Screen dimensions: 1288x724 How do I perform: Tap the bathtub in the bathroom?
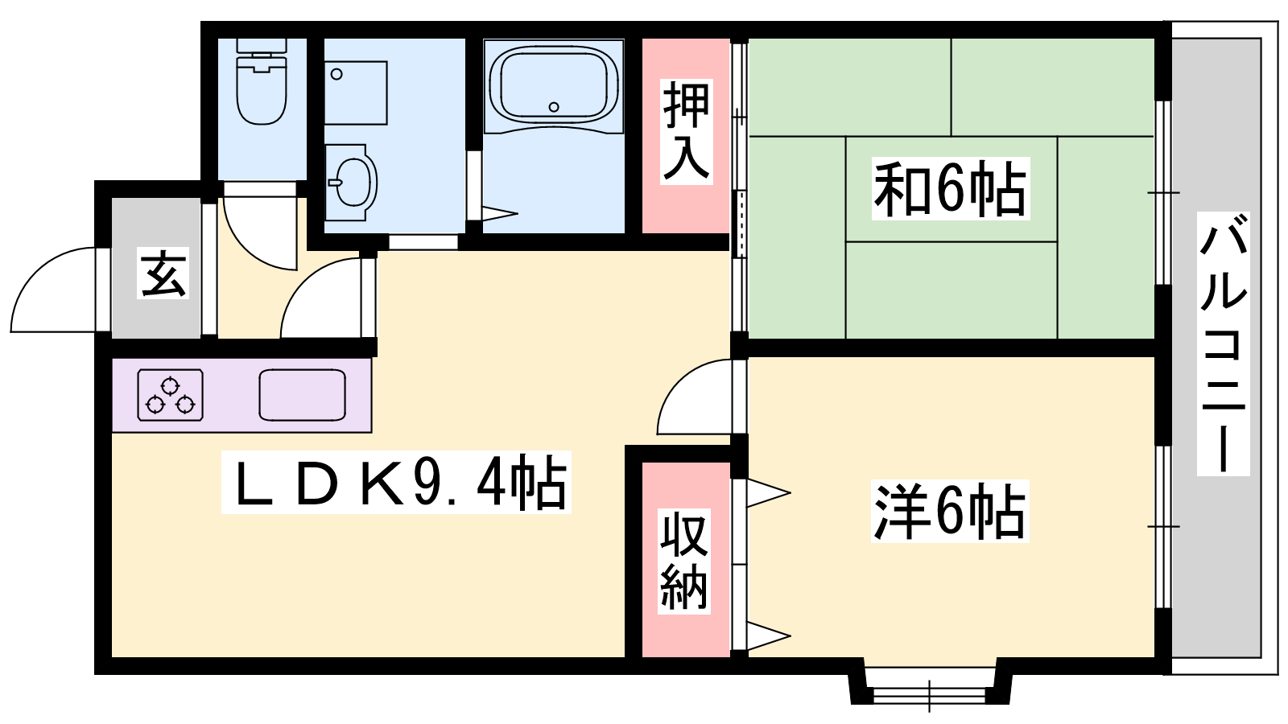553,84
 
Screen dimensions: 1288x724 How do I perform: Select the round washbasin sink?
351,182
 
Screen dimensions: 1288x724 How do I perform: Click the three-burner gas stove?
170,395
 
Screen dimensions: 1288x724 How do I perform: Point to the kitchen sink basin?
303,395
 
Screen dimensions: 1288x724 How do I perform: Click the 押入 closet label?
686,132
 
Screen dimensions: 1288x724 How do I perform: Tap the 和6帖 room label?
950,188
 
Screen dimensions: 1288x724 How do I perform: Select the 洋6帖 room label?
950,512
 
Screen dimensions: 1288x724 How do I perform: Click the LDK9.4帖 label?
396,482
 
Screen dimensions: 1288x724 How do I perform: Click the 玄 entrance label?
163,273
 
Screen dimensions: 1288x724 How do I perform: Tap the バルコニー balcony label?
1223,343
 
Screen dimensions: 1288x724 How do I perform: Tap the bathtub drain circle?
554,107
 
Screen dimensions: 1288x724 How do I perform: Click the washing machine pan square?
356,93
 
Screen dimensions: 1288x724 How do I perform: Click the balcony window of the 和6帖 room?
1163,192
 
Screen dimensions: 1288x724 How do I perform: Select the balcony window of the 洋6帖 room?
1163,526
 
